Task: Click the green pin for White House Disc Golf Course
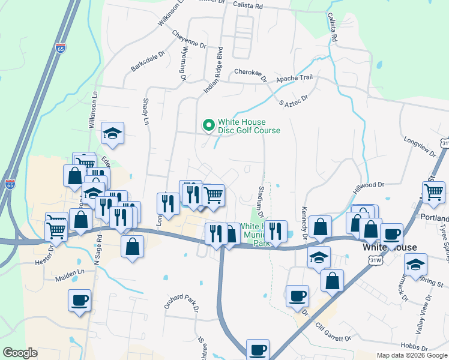[208, 125]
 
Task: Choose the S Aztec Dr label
[294, 100]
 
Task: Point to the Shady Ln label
[146, 112]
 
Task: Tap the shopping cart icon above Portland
[433, 193]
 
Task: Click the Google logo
[20, 353]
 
